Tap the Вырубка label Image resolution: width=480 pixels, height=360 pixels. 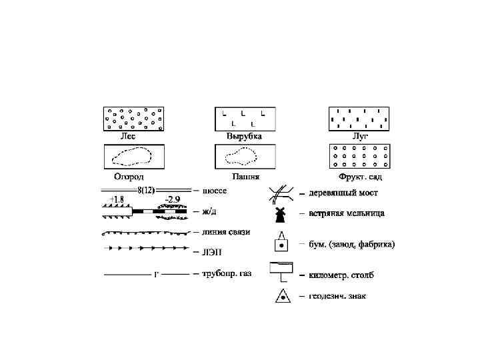tap(244, 137)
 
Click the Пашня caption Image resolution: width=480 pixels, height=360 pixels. tap(244, 177)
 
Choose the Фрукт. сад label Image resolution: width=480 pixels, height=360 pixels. tap(360, 177)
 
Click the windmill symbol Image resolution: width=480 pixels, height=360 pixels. tap(281, 214)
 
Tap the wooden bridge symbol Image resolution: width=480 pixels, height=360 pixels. tap(281, 194)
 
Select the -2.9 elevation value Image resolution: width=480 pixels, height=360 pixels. tap(172, 200)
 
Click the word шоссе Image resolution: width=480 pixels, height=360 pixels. tap(214, 191)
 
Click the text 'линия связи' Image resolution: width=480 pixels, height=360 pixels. tap(225, 232)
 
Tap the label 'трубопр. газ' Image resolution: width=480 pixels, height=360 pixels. tap(227, 273)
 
